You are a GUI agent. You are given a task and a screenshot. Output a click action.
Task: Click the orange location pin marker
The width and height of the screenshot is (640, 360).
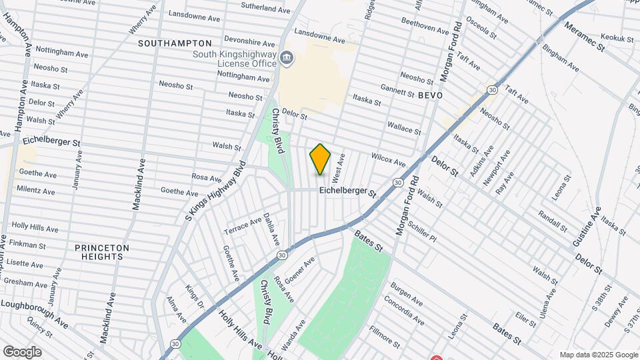[x=321, y=159]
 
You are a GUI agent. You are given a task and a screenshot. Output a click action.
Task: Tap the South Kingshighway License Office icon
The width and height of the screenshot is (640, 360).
[x=287, y=59]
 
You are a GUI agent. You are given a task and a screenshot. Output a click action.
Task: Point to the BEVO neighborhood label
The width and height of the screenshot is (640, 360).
[x=431, y=96]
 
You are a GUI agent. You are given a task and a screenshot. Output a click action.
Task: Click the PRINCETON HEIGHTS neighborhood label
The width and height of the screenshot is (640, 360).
[x=102, y=251]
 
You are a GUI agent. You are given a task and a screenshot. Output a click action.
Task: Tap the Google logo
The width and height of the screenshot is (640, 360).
[x=22, y=352]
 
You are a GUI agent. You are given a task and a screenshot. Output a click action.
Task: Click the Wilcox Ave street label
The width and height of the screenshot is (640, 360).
[x=389, y=159]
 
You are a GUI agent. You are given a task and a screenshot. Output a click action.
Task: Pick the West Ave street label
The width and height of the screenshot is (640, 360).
[x=339, y=168]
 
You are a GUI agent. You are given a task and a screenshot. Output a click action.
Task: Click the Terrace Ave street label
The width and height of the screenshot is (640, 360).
[x=243, y=224]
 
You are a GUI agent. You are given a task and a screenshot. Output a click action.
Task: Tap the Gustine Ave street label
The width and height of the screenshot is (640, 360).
[x=584, y=224]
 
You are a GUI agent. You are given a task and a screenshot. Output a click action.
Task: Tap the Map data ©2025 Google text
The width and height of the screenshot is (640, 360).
[x=598, y=355]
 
